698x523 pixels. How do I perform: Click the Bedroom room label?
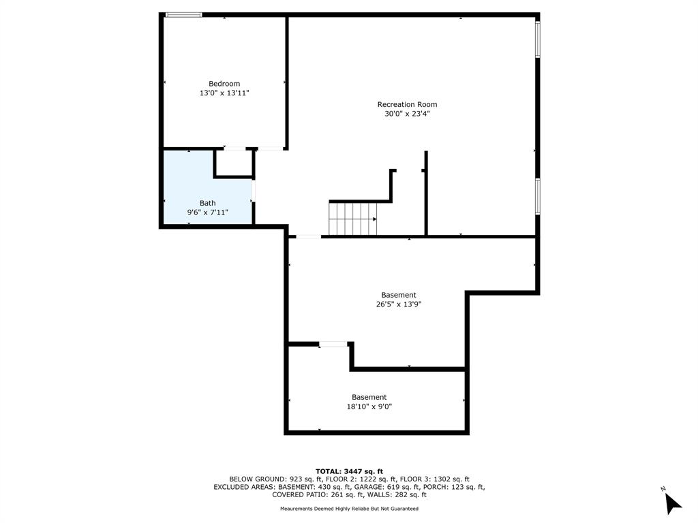click(224, 84)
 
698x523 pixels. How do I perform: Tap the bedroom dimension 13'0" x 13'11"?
click(224, 93)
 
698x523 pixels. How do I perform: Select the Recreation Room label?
click(407, 104)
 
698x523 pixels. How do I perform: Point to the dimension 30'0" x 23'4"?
click(407, 114)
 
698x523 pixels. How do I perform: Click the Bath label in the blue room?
click(207, 203)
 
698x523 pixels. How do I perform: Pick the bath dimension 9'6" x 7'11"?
click(207, 212)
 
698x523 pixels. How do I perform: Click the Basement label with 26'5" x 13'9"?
click(399, 295)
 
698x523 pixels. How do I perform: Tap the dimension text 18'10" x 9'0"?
click(369, 407)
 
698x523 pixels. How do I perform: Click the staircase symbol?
click(352, 219)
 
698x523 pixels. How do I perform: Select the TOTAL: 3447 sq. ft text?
click(349, 471)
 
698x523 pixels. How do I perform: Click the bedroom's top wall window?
click(184, 14)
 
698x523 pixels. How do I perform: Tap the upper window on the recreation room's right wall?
click(538, 39)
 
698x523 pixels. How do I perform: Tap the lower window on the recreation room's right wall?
click(538, 196)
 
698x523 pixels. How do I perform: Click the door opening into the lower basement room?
click(333, 345)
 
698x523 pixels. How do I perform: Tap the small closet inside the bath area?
click(234, 163)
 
